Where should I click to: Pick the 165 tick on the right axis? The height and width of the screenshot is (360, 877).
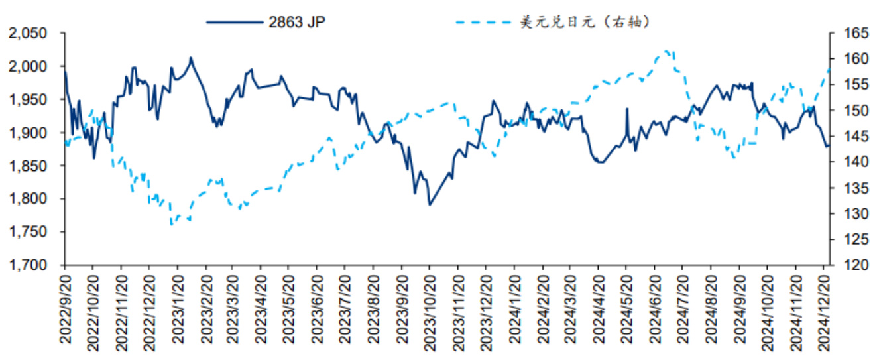click(849, 33)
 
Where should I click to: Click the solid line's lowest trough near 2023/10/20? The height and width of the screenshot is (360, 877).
click(430, 204)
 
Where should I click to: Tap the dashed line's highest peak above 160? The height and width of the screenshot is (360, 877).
click(667, 50)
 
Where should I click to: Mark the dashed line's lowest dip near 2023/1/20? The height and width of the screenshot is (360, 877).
click(172, 225)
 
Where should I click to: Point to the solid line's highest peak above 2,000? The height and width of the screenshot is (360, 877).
click(191, 58)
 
